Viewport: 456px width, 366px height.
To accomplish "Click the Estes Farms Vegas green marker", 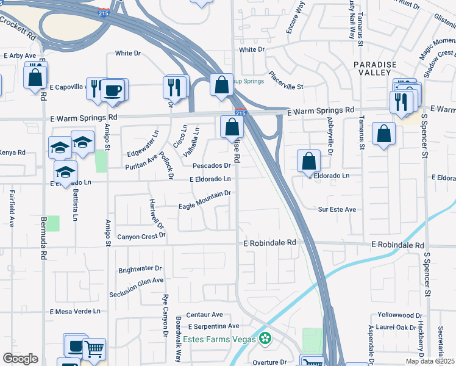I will tap(265, 338).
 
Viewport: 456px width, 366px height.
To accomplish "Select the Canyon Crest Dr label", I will tap(141, 237).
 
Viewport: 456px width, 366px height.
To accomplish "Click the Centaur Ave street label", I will tap(204, 315).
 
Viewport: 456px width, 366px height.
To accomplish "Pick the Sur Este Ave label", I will tap(337, 209).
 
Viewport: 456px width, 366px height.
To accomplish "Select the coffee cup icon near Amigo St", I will tap(113, 91).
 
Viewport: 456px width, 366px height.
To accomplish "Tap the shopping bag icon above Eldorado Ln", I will tap(309, 161).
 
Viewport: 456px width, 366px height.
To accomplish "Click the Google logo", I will tap(20, 359).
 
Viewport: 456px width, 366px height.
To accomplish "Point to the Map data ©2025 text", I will tap(430, 361).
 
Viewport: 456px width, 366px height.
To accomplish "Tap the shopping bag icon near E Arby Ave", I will tap(35, 77).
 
